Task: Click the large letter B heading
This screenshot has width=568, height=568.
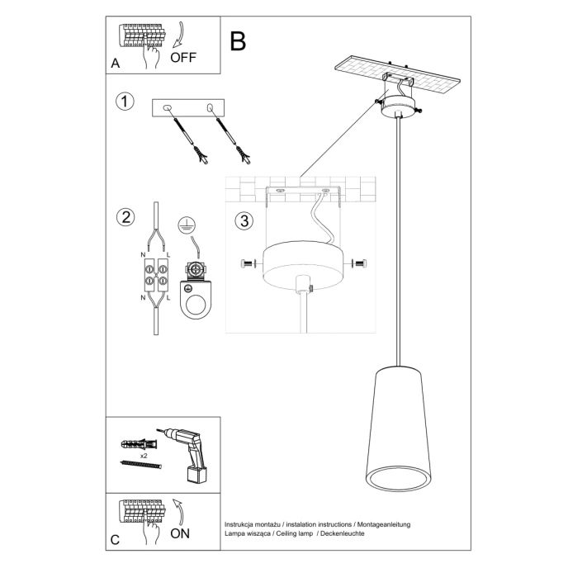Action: click(238, 41)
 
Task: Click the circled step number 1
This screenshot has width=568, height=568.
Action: click(125, 102)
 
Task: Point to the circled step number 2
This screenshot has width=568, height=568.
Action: click(125, 217)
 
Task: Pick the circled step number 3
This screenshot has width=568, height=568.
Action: click(243, 221)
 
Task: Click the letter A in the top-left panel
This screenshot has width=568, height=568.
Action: click(116, 64)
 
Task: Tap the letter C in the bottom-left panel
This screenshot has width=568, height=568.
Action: click(116, 540)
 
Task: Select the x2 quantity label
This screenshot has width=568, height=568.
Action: click(144, 455)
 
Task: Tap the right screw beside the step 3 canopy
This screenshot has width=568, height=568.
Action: click(359, 263)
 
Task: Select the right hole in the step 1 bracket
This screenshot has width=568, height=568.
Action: click(210, 108)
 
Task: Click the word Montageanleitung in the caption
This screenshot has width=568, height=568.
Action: click(382, 524)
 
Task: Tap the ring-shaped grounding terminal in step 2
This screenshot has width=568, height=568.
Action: click(196, 301)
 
